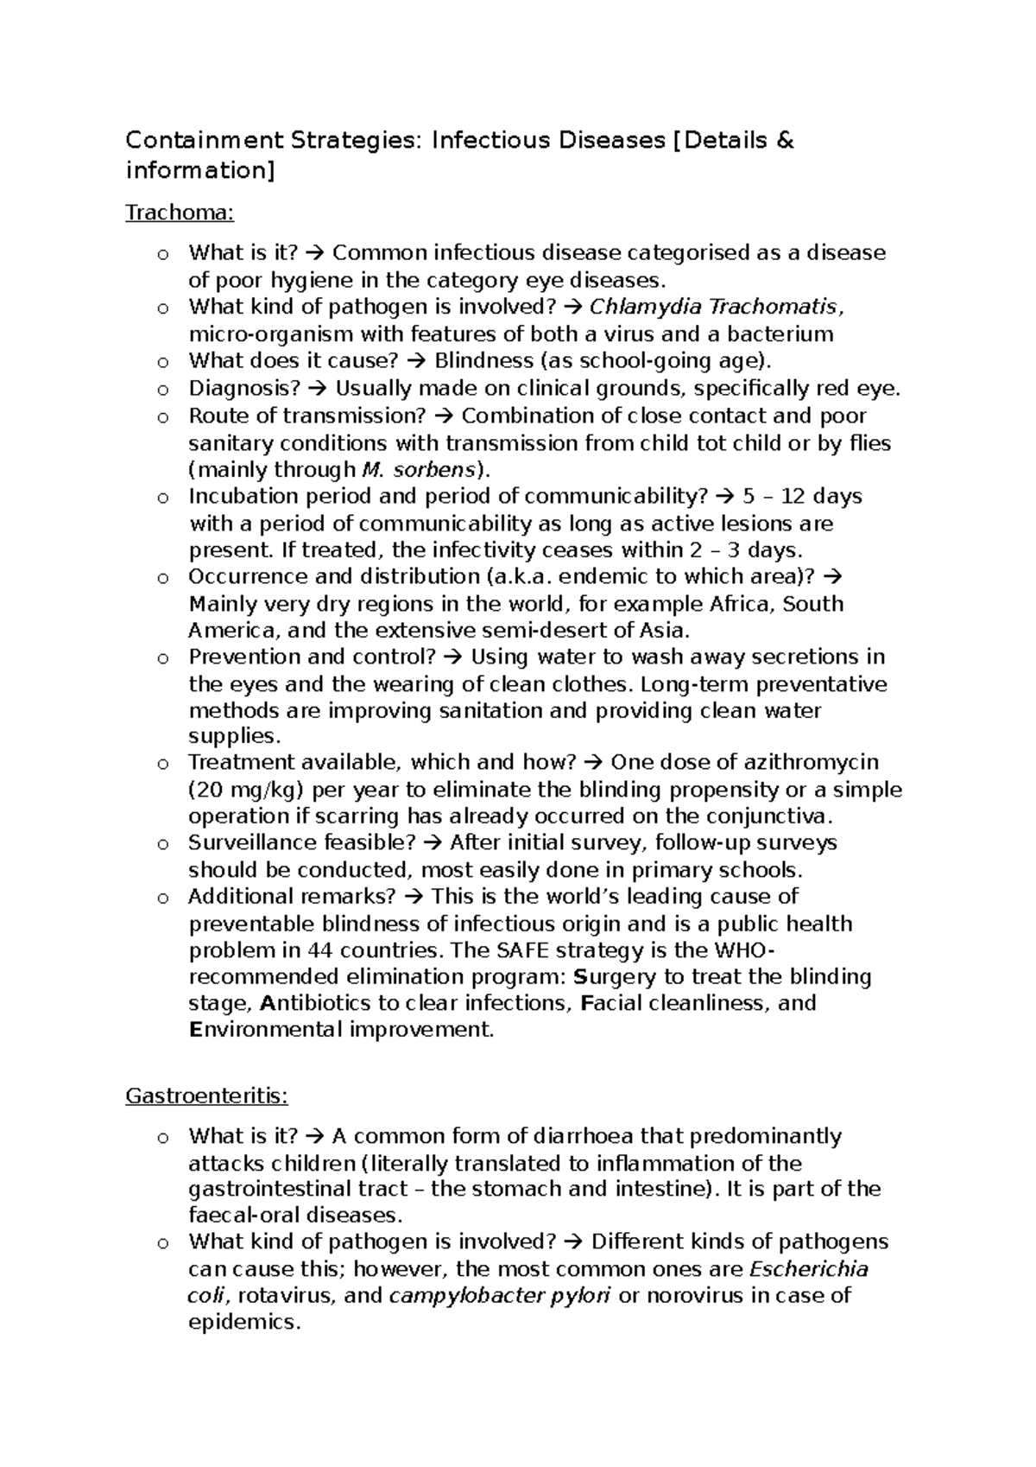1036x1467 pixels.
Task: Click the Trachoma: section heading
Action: click(x=180, y=212)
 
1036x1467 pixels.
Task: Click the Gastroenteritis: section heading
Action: click(x=206, y=1095)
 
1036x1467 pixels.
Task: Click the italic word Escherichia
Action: click(x=809, y=1268)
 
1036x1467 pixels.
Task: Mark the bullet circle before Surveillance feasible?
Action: click(x=162, y=844)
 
